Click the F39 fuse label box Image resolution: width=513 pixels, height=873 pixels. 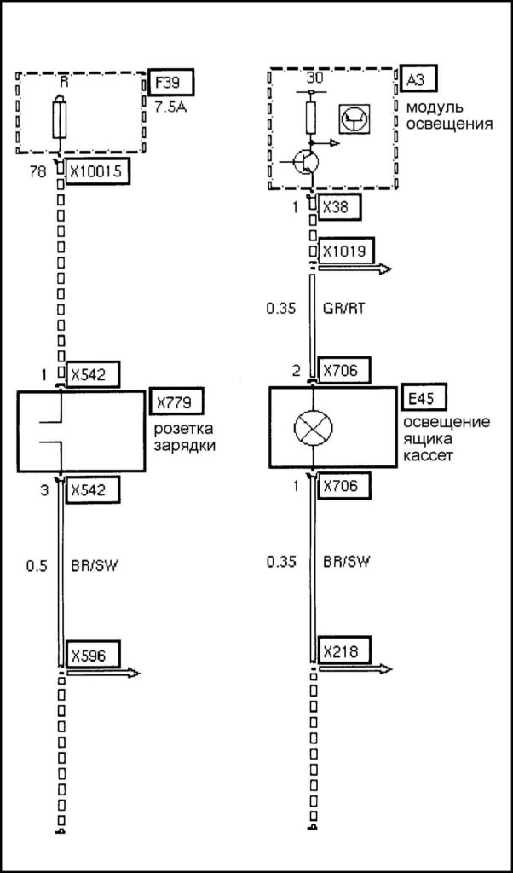coord(170,84)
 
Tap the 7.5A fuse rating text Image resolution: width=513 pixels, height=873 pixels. coord(173,107)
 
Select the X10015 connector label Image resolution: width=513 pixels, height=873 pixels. coord(97,171)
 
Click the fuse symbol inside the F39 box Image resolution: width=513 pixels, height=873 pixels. coord(59,119)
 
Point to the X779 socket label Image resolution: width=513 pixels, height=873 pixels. coord(176,402)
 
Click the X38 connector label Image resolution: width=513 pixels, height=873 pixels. coord(334,206)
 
